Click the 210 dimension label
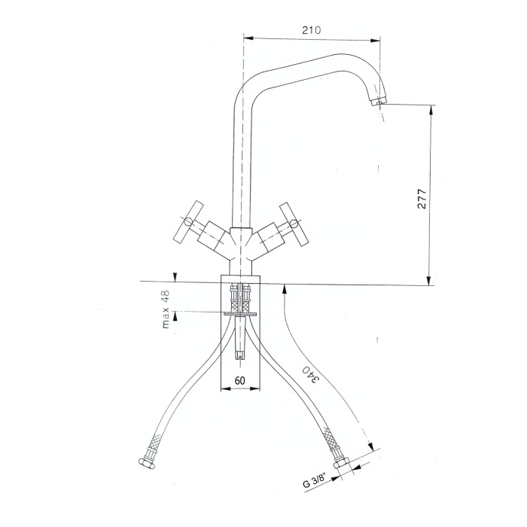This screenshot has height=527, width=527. [311, 30]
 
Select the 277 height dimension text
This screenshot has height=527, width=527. [422, 199]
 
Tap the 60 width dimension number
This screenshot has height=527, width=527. [239, 380]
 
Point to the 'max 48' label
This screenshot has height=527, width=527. [166, 309]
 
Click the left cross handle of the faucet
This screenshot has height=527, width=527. [188, 222]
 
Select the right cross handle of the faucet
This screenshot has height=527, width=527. [294, 224]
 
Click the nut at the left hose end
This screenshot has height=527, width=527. [147, 463]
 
